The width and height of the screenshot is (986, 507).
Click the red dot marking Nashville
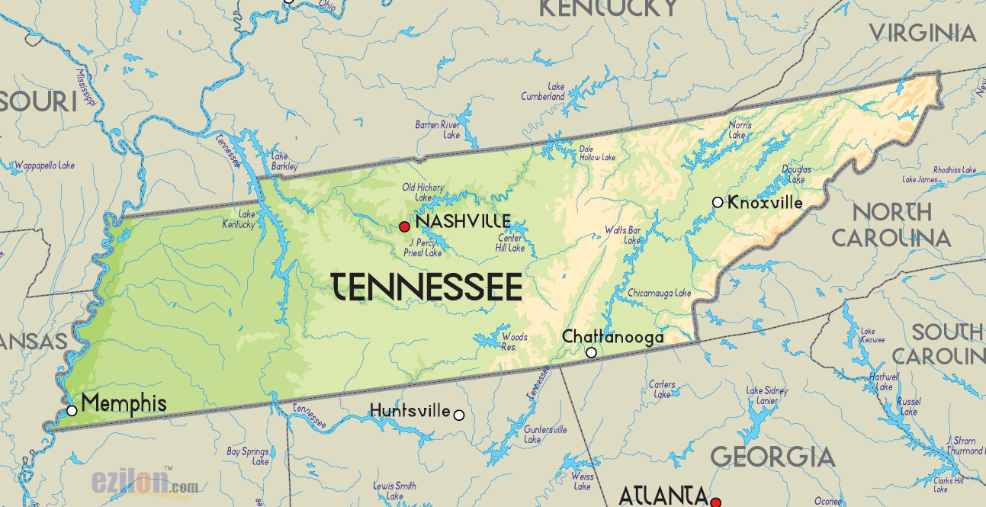tap(404, 226)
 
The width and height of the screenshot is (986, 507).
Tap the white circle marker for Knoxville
tap(718, 202)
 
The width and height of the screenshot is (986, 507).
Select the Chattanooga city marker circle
tap(591, 352)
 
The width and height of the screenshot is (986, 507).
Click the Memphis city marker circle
tap(72, 410)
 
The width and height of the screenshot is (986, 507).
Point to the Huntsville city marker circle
tap(458, 415)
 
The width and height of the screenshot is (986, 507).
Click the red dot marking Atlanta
tap(715, 502)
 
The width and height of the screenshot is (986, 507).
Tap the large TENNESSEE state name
tap(427, 287)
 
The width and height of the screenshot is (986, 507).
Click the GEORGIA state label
tap(772, 457)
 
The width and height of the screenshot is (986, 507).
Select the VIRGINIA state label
tap(923, 33)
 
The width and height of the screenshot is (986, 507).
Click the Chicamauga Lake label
tap(659, 293)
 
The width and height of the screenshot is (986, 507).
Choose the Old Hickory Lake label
tap(422, 192)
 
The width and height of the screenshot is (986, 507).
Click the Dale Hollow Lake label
tap(596, 153)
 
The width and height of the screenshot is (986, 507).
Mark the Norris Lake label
tap(739, 130)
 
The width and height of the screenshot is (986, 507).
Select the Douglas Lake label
tap(796, 175)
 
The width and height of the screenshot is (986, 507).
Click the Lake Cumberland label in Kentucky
tap(543, 92)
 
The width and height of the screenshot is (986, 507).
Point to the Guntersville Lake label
tap(545, 435)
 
